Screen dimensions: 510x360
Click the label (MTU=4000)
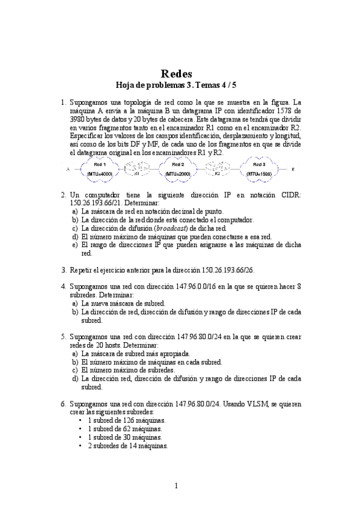[99, 174]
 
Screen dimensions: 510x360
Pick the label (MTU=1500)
[259, 174]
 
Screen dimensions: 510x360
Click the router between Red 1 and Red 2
[137, 170]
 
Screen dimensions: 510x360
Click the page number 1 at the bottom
[177, 486]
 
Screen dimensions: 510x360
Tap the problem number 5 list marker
[64, 337]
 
